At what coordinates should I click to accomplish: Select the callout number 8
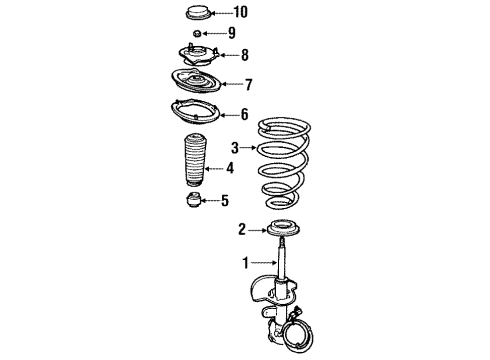pyautogui.click(x=244, y=55)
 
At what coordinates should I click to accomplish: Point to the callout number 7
pyautogui.click(x=250, y=85)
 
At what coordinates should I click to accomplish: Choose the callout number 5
pyautogui.click(x=224, y=201)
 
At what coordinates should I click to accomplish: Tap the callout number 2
pyautogui.click(x=240, y=230)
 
